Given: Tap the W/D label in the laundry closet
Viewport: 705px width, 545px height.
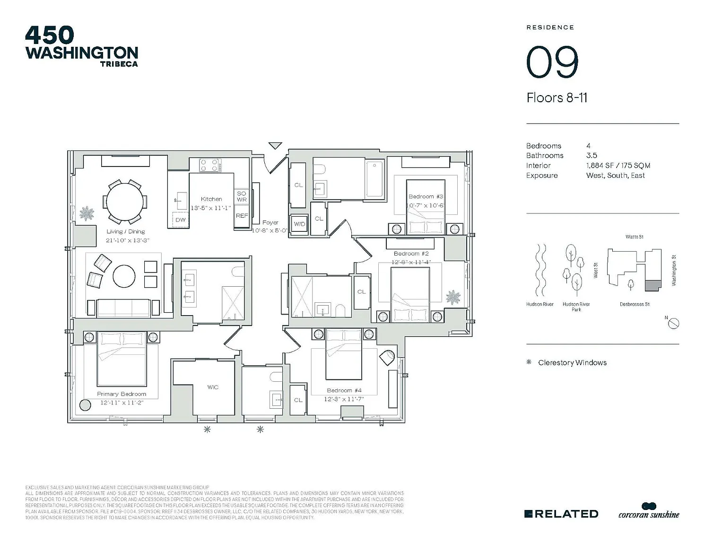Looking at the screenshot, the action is pos(299,224).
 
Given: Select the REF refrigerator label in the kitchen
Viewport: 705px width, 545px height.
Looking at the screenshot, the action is pos(242,216).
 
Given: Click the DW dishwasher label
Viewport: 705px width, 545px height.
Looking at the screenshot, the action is pos(180,220).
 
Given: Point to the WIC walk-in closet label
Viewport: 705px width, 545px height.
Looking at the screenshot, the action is pos(213,387).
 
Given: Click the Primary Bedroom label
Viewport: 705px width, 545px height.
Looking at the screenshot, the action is pos(122,394).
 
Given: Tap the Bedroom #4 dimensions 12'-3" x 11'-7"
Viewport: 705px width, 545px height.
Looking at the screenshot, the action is pos(344,399).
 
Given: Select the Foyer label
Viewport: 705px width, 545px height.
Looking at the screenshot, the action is pos(270,222).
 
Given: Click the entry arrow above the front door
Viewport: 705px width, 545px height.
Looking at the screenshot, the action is pos(275,146).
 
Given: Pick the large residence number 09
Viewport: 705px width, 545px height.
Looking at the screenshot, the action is pos(552,62).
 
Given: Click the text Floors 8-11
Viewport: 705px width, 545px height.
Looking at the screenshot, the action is pos(557,98).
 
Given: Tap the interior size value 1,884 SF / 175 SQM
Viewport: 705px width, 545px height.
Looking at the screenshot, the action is pos(618,166).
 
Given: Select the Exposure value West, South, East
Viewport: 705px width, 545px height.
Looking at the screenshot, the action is pos(615,176).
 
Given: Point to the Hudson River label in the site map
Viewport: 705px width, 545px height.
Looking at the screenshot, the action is pos(540,304).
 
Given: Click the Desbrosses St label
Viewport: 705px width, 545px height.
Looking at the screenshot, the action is pos(635,304).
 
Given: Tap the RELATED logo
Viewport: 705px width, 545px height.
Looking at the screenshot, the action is pos(561,514).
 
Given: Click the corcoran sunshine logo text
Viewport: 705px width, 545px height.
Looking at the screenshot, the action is pos(649,514).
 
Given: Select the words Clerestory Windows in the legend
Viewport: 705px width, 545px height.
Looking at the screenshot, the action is pos(572,363).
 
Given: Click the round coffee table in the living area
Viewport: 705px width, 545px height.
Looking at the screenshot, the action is pos(124,276).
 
